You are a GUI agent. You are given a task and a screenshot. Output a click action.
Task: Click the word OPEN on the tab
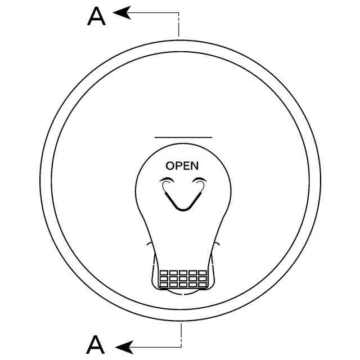coord(182,165)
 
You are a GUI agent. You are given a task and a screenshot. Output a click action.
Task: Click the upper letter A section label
coord(97,16)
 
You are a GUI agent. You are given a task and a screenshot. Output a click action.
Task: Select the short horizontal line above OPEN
coord(183,137)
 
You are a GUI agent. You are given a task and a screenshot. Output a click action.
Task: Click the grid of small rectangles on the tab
coord(183,279)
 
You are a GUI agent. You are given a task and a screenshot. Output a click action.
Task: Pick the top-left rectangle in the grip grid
coord(164,273)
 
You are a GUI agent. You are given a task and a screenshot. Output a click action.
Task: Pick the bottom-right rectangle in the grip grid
coord(202,285)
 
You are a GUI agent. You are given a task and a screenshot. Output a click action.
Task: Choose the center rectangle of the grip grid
coord(183,279)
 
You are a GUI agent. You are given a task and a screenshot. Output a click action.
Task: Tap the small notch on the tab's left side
coord(148,244)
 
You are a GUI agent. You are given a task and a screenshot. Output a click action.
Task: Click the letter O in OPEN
coord(170,165)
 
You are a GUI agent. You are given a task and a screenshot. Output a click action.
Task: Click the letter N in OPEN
coord(194,165)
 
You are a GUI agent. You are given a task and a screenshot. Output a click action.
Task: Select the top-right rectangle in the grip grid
coord(202,273)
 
